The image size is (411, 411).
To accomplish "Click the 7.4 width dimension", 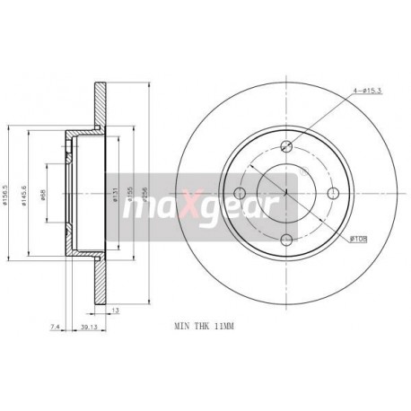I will click(x=55, y=328).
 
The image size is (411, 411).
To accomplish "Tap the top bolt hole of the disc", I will click(x=286, y=147).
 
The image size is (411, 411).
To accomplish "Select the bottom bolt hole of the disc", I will click(x=286, y=239).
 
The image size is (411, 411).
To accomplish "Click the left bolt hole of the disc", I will click(x=240, y=193).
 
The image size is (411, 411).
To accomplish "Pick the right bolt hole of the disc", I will click(x=332, y=193).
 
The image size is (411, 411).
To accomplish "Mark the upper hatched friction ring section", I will click(x=101, y=109).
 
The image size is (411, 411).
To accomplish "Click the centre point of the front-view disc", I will click(x=286, y=193).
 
